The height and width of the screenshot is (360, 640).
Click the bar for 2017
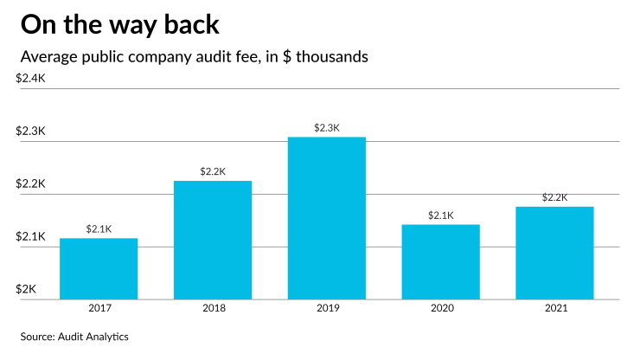click(x=99, y=268)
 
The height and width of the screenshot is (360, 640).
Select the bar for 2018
click(x=213, y=240)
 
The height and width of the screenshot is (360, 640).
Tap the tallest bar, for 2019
click(x=327, y=218)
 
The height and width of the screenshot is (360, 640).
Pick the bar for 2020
click(x=441, y=261)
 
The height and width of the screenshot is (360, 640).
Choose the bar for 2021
click(x=555, y=253)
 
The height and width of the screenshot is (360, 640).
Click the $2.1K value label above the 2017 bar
click(x=99, y=229)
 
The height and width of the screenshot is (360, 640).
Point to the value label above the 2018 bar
click(x=213, y=171)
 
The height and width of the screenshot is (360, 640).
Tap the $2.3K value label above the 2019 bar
click(x=327, y=128)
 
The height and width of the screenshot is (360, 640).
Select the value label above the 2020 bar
click(x=441, y=215)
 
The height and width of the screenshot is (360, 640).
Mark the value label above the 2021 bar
click(x=555, y=197)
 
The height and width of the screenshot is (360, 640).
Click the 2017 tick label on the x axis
click(x=99, y=308)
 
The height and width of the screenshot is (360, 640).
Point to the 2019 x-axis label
click(x=327, y=308)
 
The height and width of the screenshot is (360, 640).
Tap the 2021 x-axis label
click(x=555, y=308)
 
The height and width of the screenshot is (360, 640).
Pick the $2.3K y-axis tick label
click(x=31, y=132)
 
